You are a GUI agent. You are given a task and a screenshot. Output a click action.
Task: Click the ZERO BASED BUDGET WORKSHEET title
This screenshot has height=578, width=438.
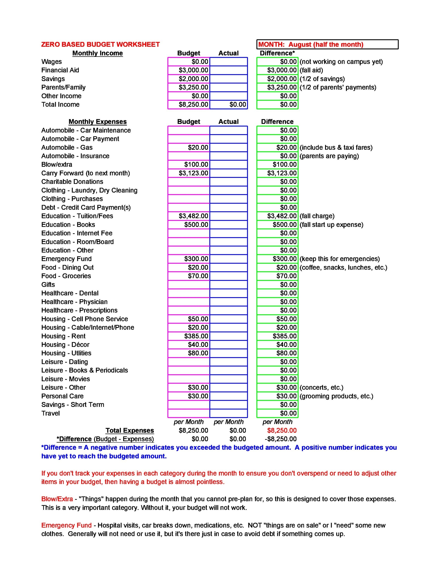[100, 44]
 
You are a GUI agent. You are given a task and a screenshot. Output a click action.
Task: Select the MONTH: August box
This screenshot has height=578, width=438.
[327, 44]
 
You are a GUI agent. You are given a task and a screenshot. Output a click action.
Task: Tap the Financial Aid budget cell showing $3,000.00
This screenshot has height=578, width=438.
[189, 70]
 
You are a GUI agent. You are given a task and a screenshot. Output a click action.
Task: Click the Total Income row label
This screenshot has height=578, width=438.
[60, 105]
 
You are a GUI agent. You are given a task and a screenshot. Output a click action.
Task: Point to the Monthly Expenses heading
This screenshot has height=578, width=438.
[98, 122]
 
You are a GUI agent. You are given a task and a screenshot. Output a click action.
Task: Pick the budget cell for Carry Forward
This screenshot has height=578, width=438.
[189, 173]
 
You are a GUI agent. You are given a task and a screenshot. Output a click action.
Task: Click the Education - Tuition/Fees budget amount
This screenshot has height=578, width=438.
[189, 216]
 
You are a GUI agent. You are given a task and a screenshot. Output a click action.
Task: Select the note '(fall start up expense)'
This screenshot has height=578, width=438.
[331, 225]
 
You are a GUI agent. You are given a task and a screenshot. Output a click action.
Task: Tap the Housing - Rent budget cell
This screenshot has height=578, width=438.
[189, 336]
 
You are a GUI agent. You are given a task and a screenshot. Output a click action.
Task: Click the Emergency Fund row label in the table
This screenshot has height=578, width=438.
[66, 259]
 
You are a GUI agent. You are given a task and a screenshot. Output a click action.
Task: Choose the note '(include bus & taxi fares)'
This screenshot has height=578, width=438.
[336, 148]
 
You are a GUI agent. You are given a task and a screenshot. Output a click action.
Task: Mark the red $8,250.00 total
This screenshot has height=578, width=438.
[282, 430]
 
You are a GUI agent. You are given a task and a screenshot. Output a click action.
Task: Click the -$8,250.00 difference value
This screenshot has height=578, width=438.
[281, 439]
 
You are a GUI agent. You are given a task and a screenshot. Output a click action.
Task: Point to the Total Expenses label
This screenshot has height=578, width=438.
[130, 430]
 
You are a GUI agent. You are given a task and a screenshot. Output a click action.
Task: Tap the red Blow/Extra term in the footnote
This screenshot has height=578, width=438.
[57, 499]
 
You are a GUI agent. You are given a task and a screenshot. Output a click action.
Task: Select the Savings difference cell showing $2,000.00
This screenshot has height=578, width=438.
[277, 79]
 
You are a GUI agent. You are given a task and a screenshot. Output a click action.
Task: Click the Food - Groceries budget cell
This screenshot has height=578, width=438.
[189, 276]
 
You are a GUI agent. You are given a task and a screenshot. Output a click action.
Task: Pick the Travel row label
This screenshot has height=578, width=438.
[50, 413]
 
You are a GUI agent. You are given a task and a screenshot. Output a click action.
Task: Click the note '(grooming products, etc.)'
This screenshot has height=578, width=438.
[336, 396]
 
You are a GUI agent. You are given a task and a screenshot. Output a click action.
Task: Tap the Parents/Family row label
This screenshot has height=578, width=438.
[63, 87]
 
